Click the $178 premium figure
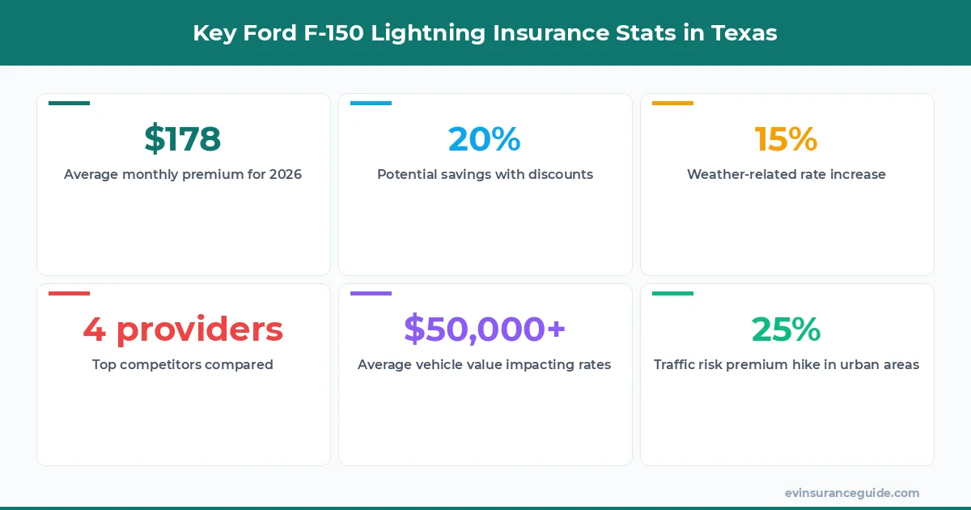pos(183,139)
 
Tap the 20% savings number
pos(485,139)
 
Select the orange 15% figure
pos(786,139)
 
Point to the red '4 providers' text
pos(183,329)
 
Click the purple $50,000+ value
pos(485,329)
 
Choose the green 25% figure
pos(786,329)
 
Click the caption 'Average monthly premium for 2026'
pos(183,174)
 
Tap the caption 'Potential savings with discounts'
pos(485,174)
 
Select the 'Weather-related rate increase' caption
pos(786,174)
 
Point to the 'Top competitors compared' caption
pos(183,364)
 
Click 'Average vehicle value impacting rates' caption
pos(485,364)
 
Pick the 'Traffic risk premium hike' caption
pos(786,364)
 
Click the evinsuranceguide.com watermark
pos(851,492)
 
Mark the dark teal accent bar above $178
pos(69,104)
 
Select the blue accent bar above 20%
pos(371,104)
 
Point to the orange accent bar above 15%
pos(672,104)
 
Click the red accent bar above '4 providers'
pos(69,293)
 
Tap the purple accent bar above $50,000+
pos(371,293)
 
